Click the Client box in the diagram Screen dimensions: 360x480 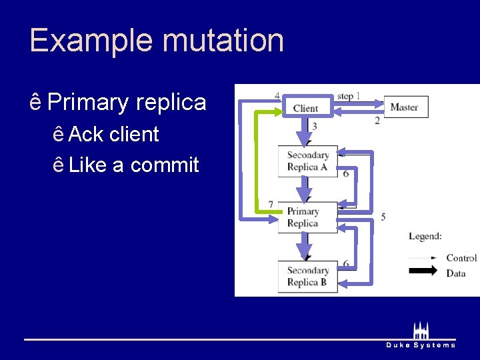coord(305,107)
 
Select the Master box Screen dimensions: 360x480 coord(405,107)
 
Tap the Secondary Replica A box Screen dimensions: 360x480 coord(307,161)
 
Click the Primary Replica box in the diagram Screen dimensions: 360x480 coord(303,217)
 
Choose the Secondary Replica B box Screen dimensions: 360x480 coord(307,276)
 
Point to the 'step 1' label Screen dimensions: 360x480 coord(349,96)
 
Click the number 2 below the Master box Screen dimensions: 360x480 coord(377,121)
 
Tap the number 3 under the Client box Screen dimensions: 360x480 coord(314,126)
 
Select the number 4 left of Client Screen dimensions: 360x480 coord(277,95)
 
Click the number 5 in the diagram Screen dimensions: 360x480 coord(383,217)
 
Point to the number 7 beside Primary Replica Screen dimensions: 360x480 coord(270,204)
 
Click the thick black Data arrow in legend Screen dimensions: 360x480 coord(422,271)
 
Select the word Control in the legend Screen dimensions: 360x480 coord(461,258)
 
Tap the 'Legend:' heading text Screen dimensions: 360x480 coord(425,236)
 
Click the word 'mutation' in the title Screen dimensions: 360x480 coord(223,40)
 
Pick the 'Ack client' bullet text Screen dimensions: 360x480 coord(113,134)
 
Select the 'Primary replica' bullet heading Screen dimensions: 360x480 coord(127,103)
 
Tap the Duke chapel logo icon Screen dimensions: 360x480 coord(421,330)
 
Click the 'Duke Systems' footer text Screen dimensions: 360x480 coord(421,345)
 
